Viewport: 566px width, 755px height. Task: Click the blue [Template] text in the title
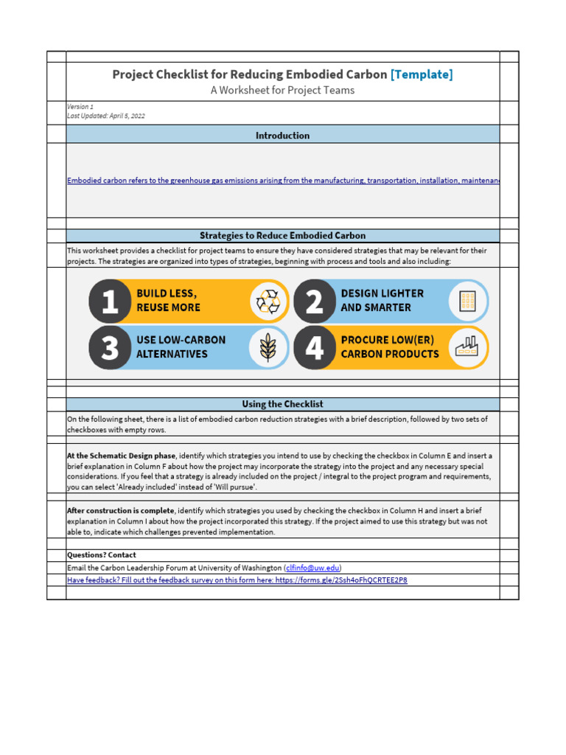click(422, 74)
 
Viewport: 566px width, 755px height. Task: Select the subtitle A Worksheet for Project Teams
click(283, 91)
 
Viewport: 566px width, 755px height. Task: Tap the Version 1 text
click(80, 107)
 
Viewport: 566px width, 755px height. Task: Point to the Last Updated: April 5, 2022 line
click(105, 116)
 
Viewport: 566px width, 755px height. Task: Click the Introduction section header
click(282, 135)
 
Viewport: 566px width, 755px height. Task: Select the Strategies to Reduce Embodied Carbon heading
click(282, 236)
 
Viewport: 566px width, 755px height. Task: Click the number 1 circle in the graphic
click(110, 301)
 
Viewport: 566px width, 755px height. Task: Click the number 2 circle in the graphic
click(315, 301)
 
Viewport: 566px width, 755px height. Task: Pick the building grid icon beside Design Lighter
click(467, 301)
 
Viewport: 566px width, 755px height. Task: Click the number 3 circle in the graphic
click(110, 347)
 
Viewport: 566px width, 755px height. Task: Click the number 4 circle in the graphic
click(315, 347)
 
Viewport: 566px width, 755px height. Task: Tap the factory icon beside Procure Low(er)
click(467, 347)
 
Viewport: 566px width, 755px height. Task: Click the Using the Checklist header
click(282, 404)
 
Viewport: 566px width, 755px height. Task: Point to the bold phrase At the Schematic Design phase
click(122, 456)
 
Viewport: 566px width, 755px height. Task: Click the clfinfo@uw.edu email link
click(312, 568)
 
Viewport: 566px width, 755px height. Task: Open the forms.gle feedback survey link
click(237, 580)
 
